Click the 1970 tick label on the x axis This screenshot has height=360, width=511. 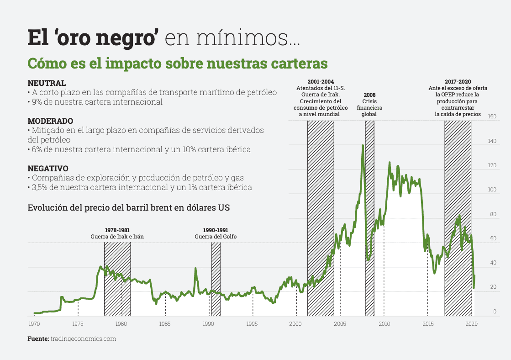(34, 324)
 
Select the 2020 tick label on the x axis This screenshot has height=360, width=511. (471, 324)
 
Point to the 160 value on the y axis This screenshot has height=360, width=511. (492, 116)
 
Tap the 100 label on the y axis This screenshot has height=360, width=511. (492, 190)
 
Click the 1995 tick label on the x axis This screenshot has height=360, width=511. (253, 324)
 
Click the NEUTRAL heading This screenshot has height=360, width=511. (47, 83)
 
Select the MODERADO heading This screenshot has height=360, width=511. (50, 121)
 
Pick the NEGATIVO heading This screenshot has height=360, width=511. (48, 168)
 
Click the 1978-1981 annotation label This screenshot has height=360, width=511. (117, 230)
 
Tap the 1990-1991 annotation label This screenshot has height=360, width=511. (216, 230)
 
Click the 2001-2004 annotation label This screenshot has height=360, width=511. (320, 81)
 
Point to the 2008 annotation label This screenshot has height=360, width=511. (369, 95)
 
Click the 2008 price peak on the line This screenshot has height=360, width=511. (363, 146)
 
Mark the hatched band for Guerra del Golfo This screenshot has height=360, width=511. (216, 279)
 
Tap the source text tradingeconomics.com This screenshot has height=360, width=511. (83, 339)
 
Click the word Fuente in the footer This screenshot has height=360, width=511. (38, 339)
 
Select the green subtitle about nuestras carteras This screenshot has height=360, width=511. (177, 63)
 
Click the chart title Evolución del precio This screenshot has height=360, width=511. (128, 207)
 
